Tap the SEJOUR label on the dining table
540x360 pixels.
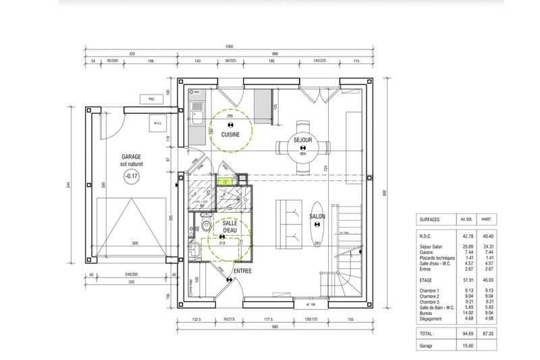click(x=302, y=140)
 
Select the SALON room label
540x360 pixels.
click(x=317, y=217)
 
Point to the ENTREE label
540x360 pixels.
click(x=242, y=271)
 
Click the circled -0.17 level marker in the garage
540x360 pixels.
click(x=130, y=177)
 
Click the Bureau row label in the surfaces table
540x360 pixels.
click(x=428, y=312)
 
